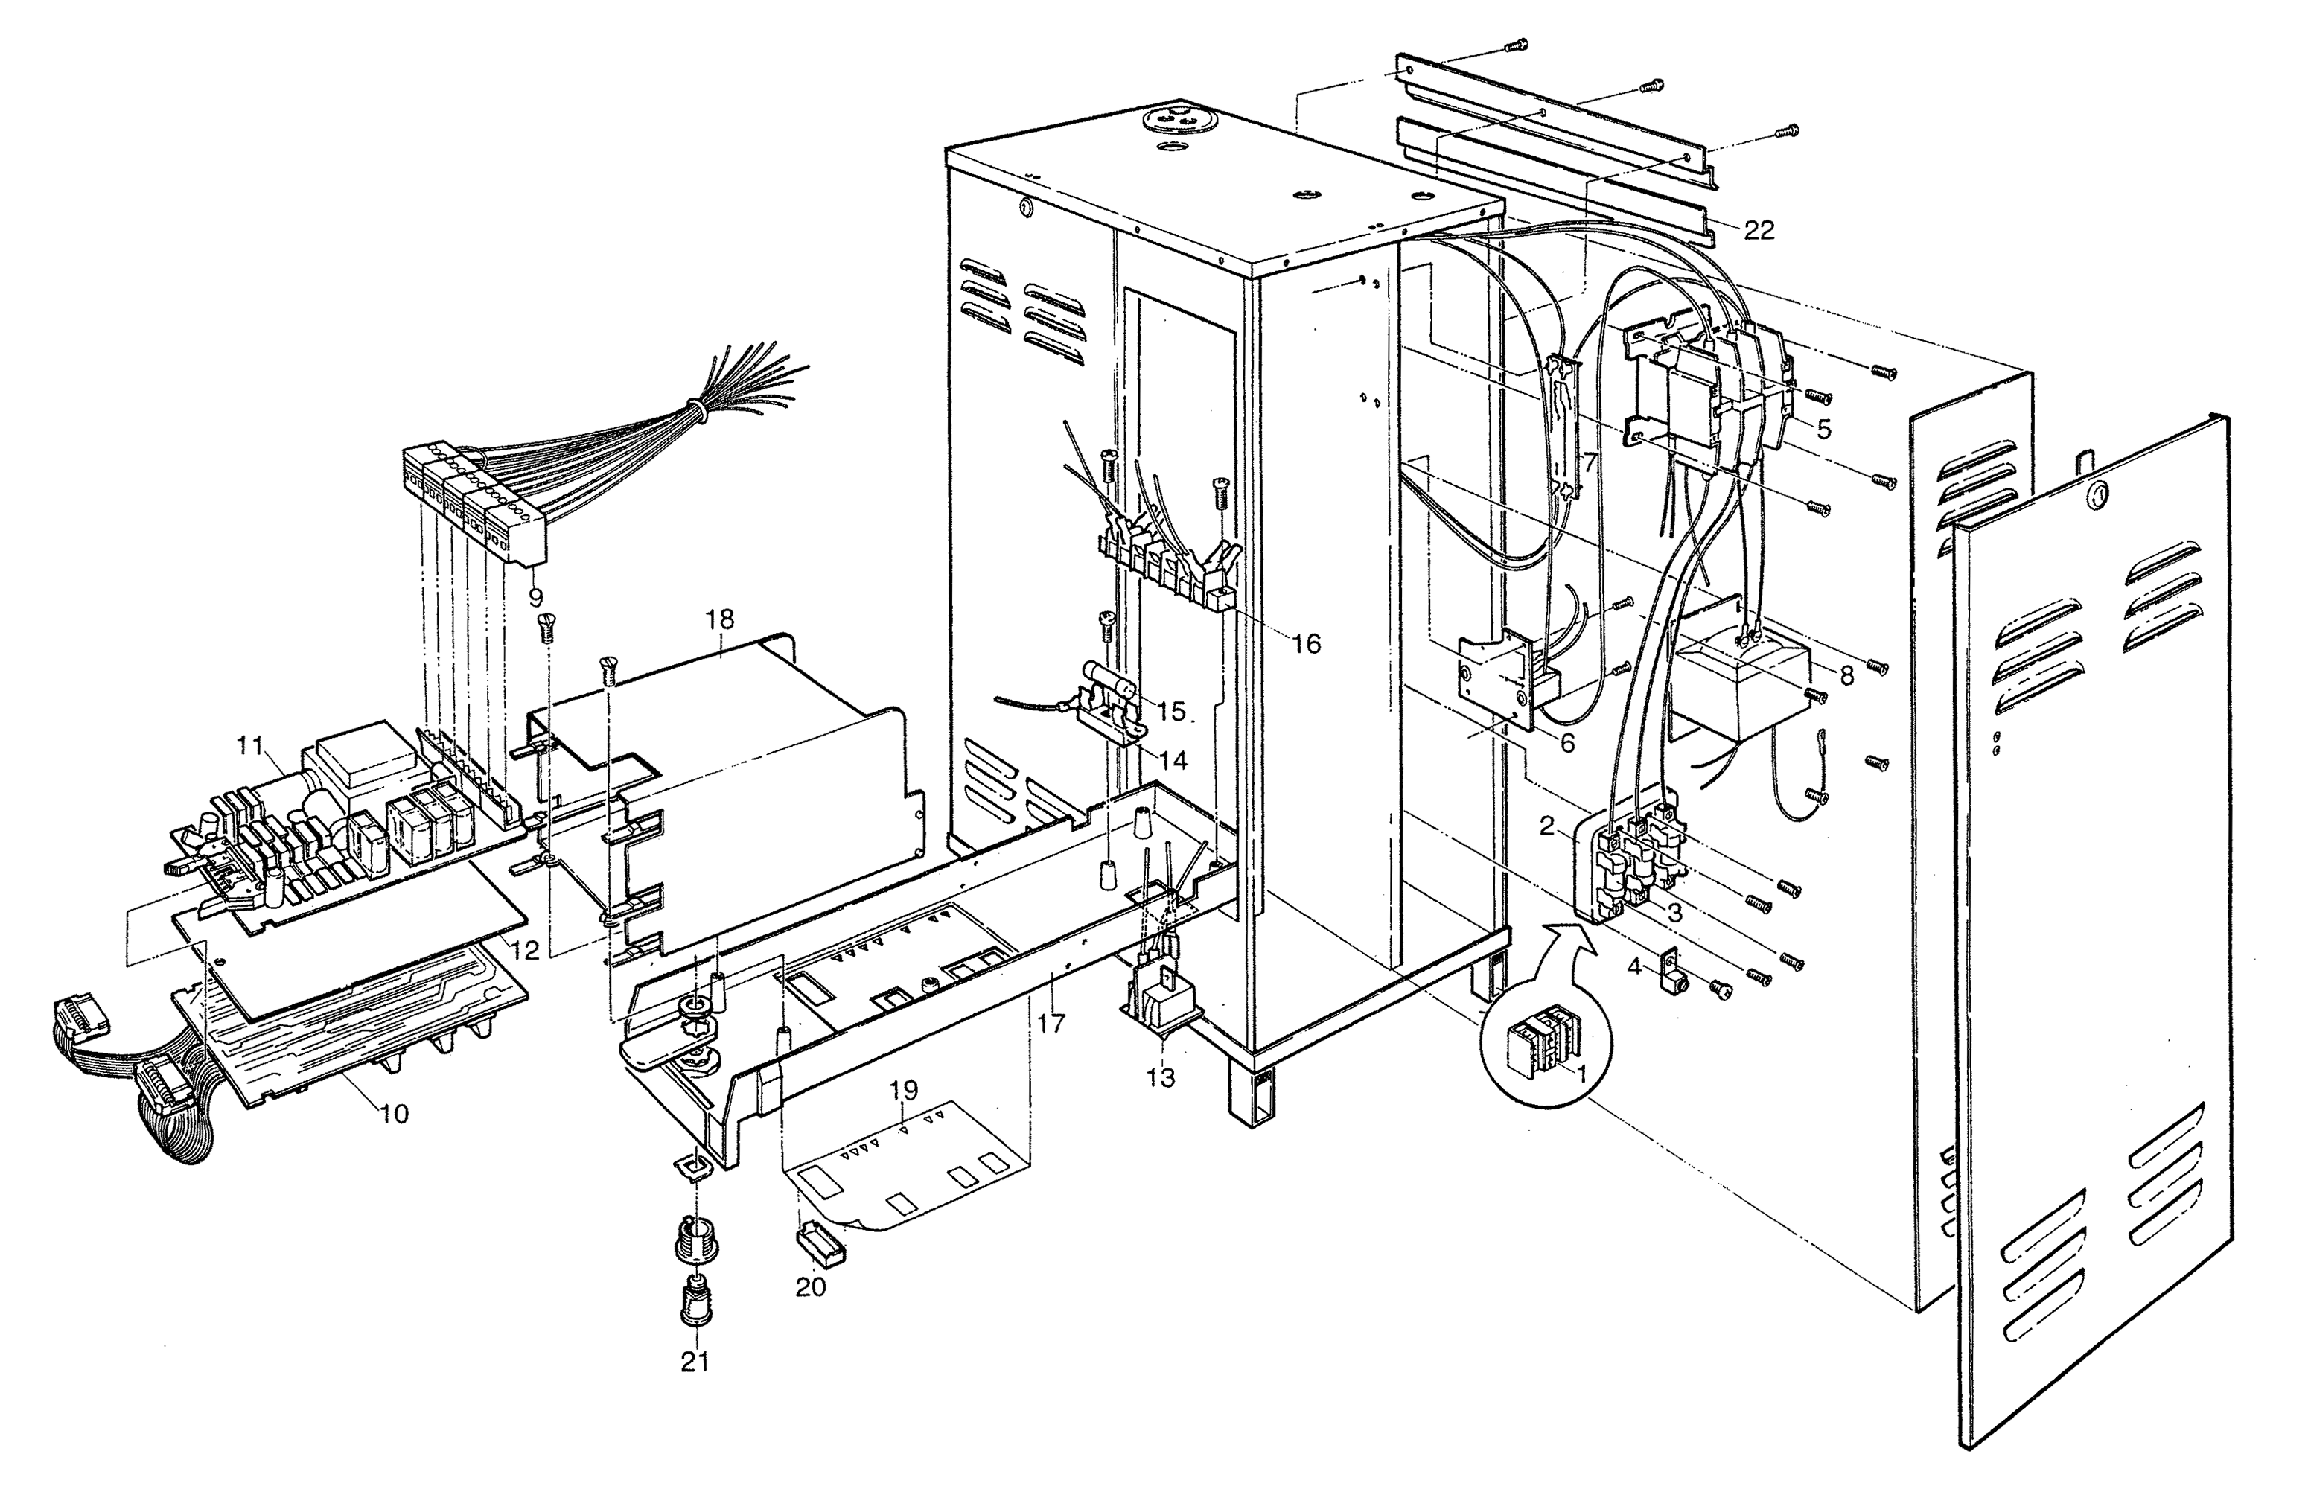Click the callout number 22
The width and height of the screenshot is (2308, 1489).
tap(1760, 230)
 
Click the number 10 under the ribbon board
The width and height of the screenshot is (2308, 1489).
tap(395, 1114)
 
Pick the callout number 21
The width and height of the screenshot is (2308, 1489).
tap(694, 1362)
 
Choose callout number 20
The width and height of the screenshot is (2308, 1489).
tap(810, 1287)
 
